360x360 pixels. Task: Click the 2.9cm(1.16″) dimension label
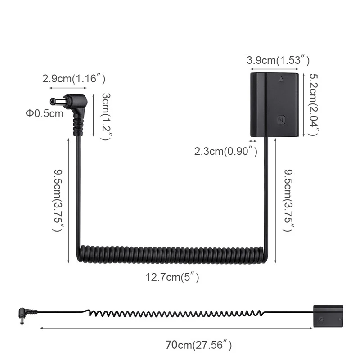tap(74, 79)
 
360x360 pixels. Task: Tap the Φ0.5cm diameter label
tap(45, 113)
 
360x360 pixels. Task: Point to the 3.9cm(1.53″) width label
tap(278, 60)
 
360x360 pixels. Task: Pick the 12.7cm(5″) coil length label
tap(172, 278)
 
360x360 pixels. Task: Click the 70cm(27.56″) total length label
tap(198, 345)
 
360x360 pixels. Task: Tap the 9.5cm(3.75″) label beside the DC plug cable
tap(58, 200)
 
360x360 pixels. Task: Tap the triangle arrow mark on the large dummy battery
tap(281, 79)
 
